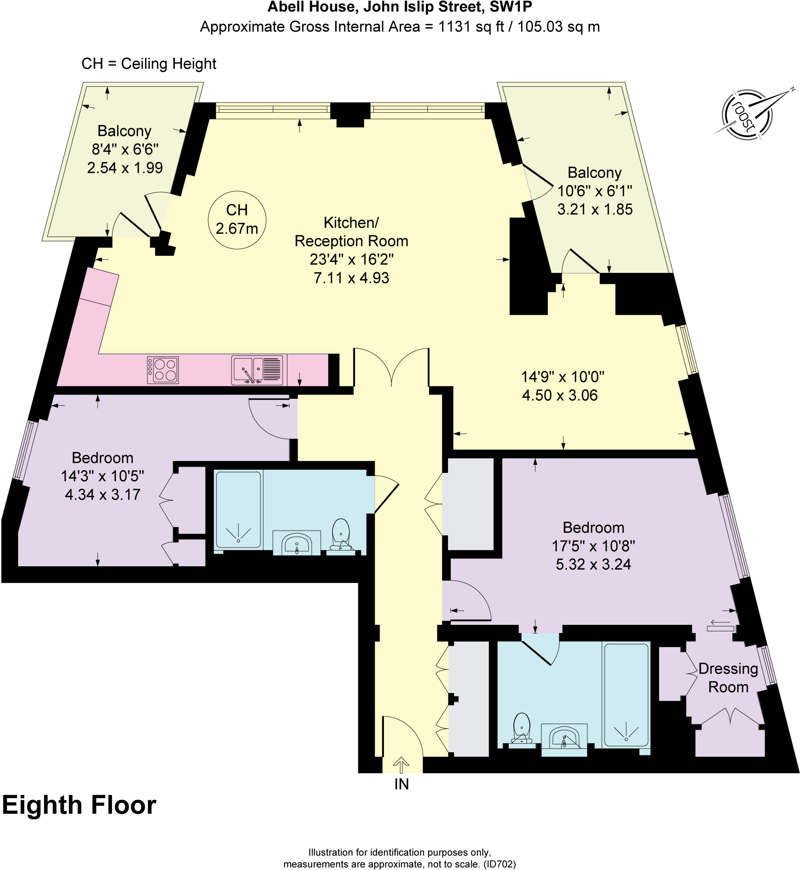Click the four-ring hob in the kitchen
[163, 370]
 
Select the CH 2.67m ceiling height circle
[237, 220]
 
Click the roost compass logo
[747, 114]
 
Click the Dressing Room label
[728, 678]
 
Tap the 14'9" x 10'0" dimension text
[562, 377]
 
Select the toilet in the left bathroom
[341, 536]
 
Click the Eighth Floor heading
[79, 805]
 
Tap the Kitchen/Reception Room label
[351, 232]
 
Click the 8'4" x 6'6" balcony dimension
[125, 149]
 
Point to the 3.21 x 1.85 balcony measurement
[595, 209]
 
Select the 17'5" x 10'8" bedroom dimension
[593, 546]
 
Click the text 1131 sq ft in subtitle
[471, 27]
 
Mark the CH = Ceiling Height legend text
[149, 64]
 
